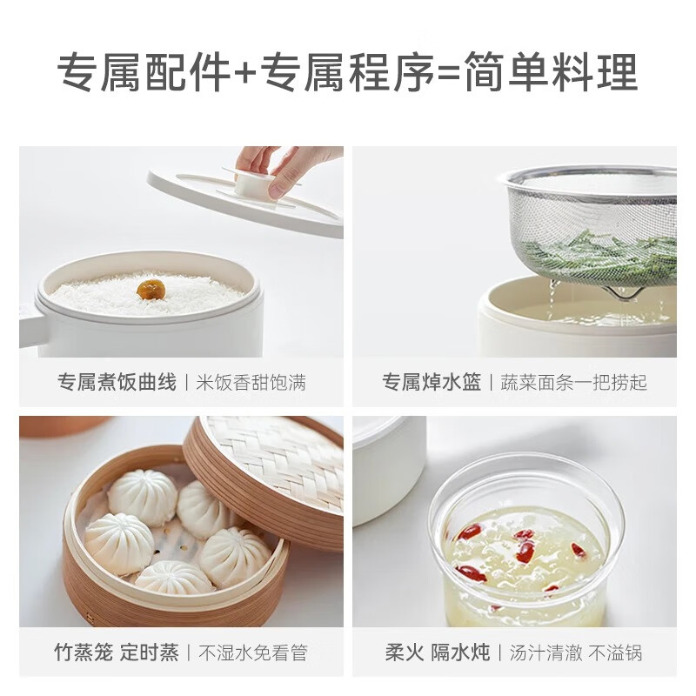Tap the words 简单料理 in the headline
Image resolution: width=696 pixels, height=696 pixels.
coord(551,72)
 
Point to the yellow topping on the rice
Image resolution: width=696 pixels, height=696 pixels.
coord(151,289)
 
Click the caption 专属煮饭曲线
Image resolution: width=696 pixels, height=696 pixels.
coord(117,382)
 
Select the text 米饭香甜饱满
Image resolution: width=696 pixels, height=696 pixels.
coord(251,383)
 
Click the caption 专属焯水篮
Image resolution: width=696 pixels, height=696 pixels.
coord(432,382)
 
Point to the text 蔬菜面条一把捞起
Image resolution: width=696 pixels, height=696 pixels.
coord(573,383)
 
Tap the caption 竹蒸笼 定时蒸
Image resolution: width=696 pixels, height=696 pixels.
coord(117,652)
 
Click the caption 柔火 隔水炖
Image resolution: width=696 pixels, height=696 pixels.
coord(438,652)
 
